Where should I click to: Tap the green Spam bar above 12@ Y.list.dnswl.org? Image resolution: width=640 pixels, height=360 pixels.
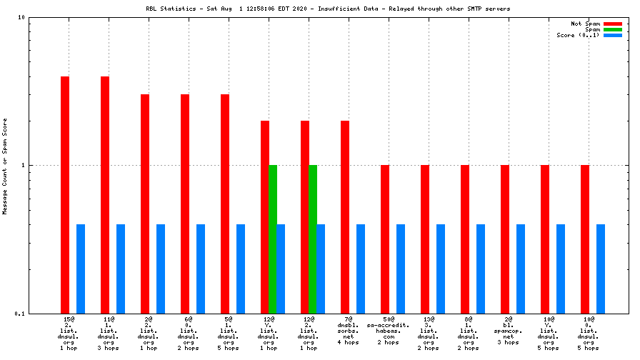click(272, 239)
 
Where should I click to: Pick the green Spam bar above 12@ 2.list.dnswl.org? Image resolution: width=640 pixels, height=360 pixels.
click(312, 239)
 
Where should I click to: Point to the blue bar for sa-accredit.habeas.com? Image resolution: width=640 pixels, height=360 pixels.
click(401, 269)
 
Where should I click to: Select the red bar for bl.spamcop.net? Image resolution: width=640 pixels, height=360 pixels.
click(505, 239)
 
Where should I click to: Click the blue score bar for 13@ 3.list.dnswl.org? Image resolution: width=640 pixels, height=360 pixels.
click(441, 269)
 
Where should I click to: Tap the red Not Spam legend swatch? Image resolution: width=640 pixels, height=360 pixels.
click(613, 24)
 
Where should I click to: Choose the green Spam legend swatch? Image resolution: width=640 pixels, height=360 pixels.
click(613, 29)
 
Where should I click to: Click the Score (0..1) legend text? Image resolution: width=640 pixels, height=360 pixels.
click(578, 35)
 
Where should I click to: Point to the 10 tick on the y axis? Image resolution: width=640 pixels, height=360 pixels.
click(22, 17)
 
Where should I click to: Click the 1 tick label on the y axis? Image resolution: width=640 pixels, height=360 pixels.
click(24, 165)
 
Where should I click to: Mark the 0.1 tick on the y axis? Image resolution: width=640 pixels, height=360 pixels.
click(21, 314)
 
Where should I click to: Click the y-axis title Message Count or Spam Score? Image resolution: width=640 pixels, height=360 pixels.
click(5, 166)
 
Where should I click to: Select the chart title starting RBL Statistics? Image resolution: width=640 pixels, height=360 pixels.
click(317, 9)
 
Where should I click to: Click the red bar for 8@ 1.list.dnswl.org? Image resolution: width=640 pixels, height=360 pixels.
click(465, 239)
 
